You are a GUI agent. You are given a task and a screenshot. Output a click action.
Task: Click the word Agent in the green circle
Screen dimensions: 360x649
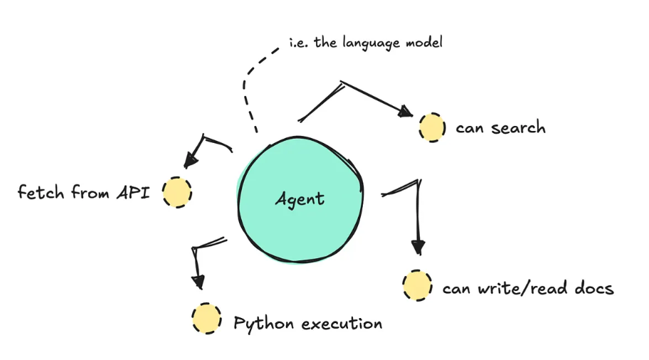(300, 198)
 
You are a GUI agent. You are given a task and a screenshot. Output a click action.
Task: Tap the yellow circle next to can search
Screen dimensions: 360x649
(432, 127)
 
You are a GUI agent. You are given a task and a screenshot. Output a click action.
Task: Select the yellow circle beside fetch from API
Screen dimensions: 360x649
(176, 192)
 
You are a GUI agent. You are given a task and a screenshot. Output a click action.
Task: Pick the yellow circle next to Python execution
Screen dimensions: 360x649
(206, 319)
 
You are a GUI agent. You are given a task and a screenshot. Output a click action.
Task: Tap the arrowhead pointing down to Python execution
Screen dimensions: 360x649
(199, 282)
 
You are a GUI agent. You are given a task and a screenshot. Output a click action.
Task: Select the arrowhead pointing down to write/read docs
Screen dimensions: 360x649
(418, 247)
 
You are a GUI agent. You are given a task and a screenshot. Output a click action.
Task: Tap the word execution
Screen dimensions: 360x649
(342, 324)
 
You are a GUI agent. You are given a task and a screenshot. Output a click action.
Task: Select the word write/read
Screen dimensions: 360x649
(515, 288)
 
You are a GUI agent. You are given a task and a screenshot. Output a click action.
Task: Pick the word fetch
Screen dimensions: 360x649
(41, 192)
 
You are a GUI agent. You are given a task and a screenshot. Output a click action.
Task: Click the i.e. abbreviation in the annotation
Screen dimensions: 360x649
(297, 42)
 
